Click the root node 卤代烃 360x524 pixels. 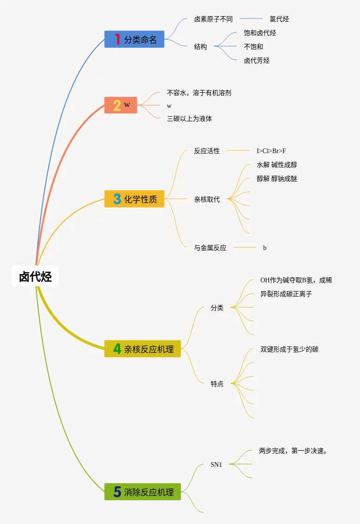[35, 276]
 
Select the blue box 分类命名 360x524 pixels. [134, 39]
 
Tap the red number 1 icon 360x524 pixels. [117, 39]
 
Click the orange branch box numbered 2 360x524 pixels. [121, 105]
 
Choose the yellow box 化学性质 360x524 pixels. [134, 199]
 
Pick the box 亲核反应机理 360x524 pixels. [142, 349]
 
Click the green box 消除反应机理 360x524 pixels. [142, 492]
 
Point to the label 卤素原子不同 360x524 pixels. [213, 19]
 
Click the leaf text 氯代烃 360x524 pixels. [279, 19]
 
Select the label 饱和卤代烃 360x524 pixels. [260, 33]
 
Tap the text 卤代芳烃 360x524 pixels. [257, 60]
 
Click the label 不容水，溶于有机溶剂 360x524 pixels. [199, 93]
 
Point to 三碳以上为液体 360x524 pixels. [189, 119]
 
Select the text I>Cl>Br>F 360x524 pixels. [271, 151]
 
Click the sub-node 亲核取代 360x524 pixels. [207, 200]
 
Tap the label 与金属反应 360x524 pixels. [210, 248]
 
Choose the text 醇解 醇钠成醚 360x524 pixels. [277, 179]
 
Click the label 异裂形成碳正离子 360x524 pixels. [286, 293]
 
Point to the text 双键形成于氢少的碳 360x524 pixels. [289, 349]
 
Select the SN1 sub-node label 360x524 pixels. [216, 464]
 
